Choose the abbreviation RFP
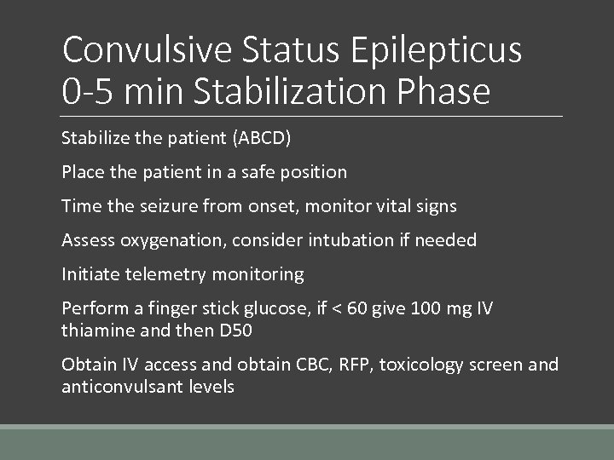[350, 365]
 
